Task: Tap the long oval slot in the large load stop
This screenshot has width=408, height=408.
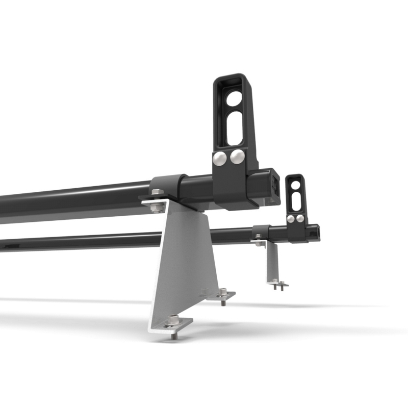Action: point(234,129)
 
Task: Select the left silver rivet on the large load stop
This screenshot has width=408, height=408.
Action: point(220,160)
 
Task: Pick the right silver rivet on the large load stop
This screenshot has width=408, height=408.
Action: point(237,157)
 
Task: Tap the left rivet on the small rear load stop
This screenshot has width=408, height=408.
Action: point(290,219)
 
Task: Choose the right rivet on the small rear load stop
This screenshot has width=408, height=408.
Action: point(300,218)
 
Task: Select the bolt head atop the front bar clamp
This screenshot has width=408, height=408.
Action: point(157,192)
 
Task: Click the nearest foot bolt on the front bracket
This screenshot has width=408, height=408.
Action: point(173,321)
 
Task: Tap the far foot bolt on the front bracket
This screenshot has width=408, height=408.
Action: point(222,294)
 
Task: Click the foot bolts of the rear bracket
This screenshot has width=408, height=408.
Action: point(278,283)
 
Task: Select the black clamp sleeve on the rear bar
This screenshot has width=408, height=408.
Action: point(261,232)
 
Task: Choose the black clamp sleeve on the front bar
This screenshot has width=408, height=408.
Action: point(168,187)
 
